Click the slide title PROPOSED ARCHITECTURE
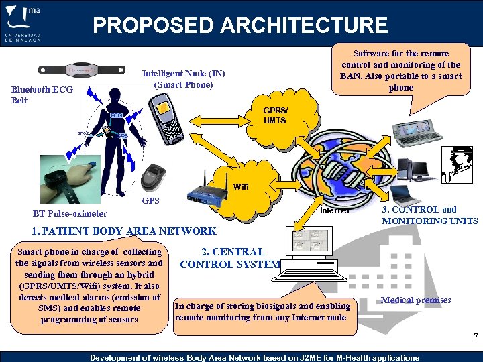[240, 25]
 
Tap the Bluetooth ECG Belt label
[38, 95]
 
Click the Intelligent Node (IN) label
[183, 79]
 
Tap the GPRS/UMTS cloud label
[274, 116]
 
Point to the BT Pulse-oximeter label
[70, 214]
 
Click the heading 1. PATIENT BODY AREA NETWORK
[124, 231]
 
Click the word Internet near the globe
[334, 210]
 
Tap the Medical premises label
[415, 300]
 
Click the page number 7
[475, 336]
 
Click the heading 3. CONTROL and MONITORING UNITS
[429, 215]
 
